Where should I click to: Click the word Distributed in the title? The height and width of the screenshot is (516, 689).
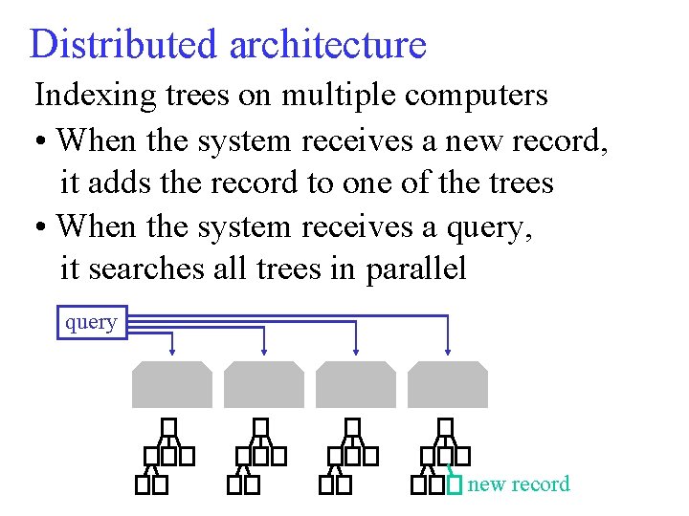[x=122, y=44]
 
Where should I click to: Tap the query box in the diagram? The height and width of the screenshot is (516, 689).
[x=91, y=322]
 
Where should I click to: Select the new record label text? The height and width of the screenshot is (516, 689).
[x=518, y=484]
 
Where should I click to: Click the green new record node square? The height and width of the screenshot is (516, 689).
[x=455, y=485]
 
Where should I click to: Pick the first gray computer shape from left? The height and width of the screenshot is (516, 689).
[x=171, y=384]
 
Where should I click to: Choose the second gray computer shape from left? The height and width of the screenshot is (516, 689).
[x=263, y=384]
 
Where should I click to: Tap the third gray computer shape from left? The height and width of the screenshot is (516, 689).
[x=355, y=384]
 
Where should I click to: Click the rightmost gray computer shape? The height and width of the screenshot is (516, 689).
[x=447, y=384]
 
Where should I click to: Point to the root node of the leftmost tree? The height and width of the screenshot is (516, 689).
[x=169, y=426]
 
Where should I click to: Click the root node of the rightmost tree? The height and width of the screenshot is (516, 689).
[x=445, y=426]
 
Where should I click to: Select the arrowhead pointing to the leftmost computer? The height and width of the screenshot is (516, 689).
[x=171, y=349]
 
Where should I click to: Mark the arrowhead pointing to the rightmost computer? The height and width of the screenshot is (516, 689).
[x=447, y=349]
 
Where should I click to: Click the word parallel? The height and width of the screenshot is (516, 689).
[x=415, y=269]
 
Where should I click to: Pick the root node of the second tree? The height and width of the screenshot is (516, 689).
[x=261, y=426]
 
